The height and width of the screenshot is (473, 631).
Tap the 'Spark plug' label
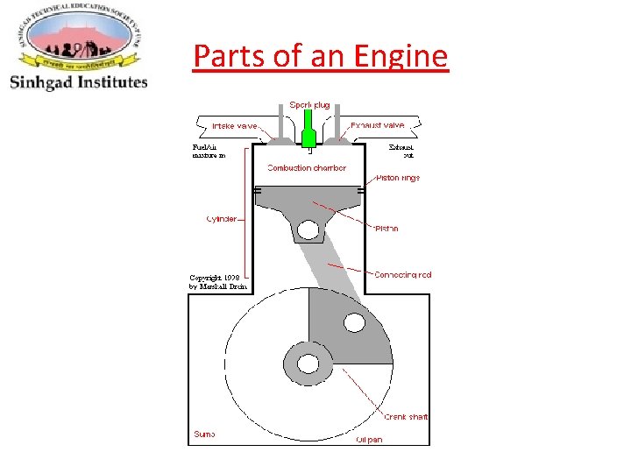coord(310,105)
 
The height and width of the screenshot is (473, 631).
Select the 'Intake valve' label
coord(235,126)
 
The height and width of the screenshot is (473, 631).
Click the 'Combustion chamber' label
coord(307,167)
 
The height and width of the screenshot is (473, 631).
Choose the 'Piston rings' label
coord(397,178)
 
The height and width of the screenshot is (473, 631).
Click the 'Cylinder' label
coord(222,218)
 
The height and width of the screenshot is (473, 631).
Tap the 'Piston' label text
coord(386,229)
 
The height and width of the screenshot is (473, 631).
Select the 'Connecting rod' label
coord(402,274)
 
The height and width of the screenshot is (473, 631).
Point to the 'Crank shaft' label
coord(407,416)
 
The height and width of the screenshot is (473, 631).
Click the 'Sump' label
coord(204,434)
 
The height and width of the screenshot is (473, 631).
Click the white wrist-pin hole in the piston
coord(308,230)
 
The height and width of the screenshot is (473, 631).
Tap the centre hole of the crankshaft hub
coord(308,362)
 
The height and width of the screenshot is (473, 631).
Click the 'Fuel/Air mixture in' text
coord(209,151)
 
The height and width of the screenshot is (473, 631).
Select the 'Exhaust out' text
coord(401,151)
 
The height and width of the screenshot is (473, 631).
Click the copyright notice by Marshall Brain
coord(218,282)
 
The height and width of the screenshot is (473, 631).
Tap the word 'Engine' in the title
coord(401,57)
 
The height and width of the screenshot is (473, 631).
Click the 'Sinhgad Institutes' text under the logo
coord(79,82)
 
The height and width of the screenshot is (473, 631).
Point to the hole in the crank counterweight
coord(354,322)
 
